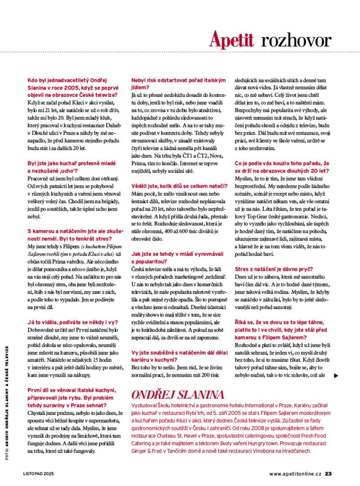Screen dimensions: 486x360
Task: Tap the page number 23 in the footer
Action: pyautogui.click(x=328, y=473)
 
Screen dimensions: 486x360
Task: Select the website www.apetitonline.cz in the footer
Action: pyautogui.click(x=296, y=473)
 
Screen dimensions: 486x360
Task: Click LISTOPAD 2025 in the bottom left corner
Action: pyautogui.click(x=39, y=473)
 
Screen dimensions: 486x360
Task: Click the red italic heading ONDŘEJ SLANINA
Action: pyautogui.click(x=177, y=395)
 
